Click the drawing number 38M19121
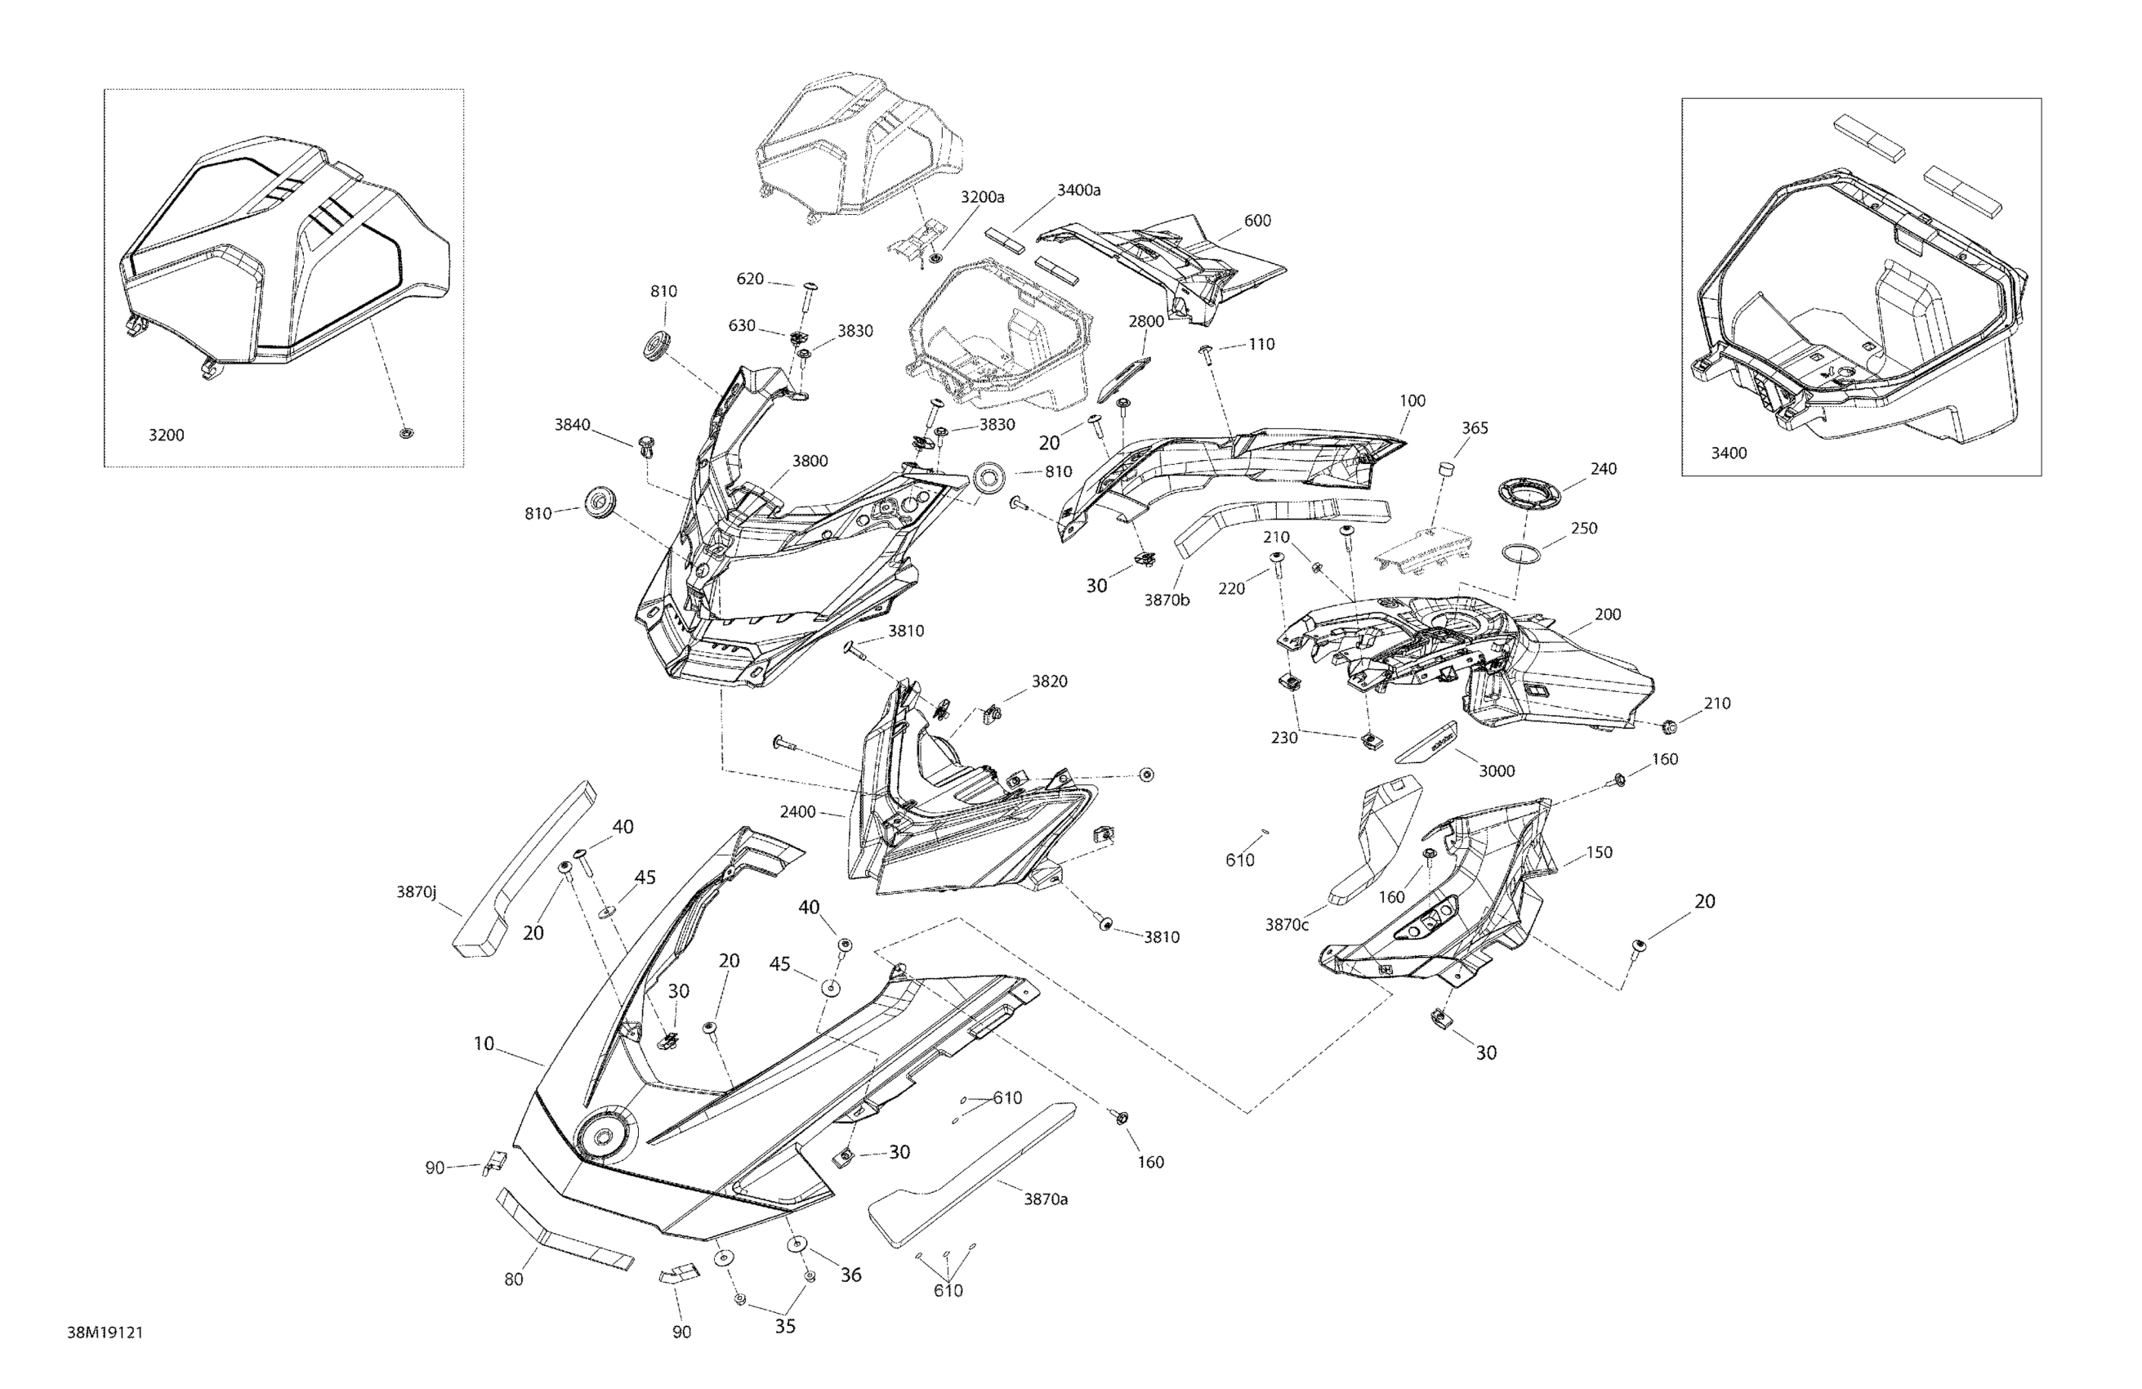105,1333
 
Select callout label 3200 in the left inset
166,435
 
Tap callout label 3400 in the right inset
1728,453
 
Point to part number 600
1257,221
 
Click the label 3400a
1078,190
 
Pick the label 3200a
982,197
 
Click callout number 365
1475,428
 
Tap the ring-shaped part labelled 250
1520,552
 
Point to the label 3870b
1167,600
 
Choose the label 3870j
416,892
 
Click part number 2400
797,812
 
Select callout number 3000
1497,770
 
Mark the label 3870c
1286,924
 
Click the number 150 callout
1599,852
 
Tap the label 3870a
1045,1199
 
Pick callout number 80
513,1280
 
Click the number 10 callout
484,1043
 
